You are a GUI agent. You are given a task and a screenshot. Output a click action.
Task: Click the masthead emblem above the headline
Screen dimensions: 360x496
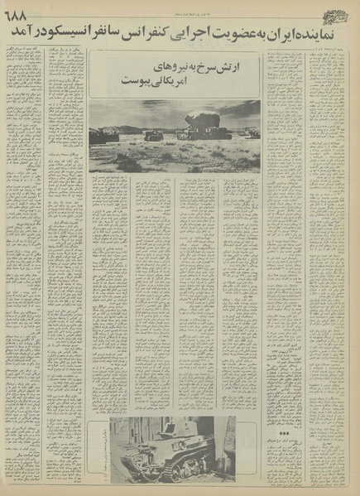[337, 11]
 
